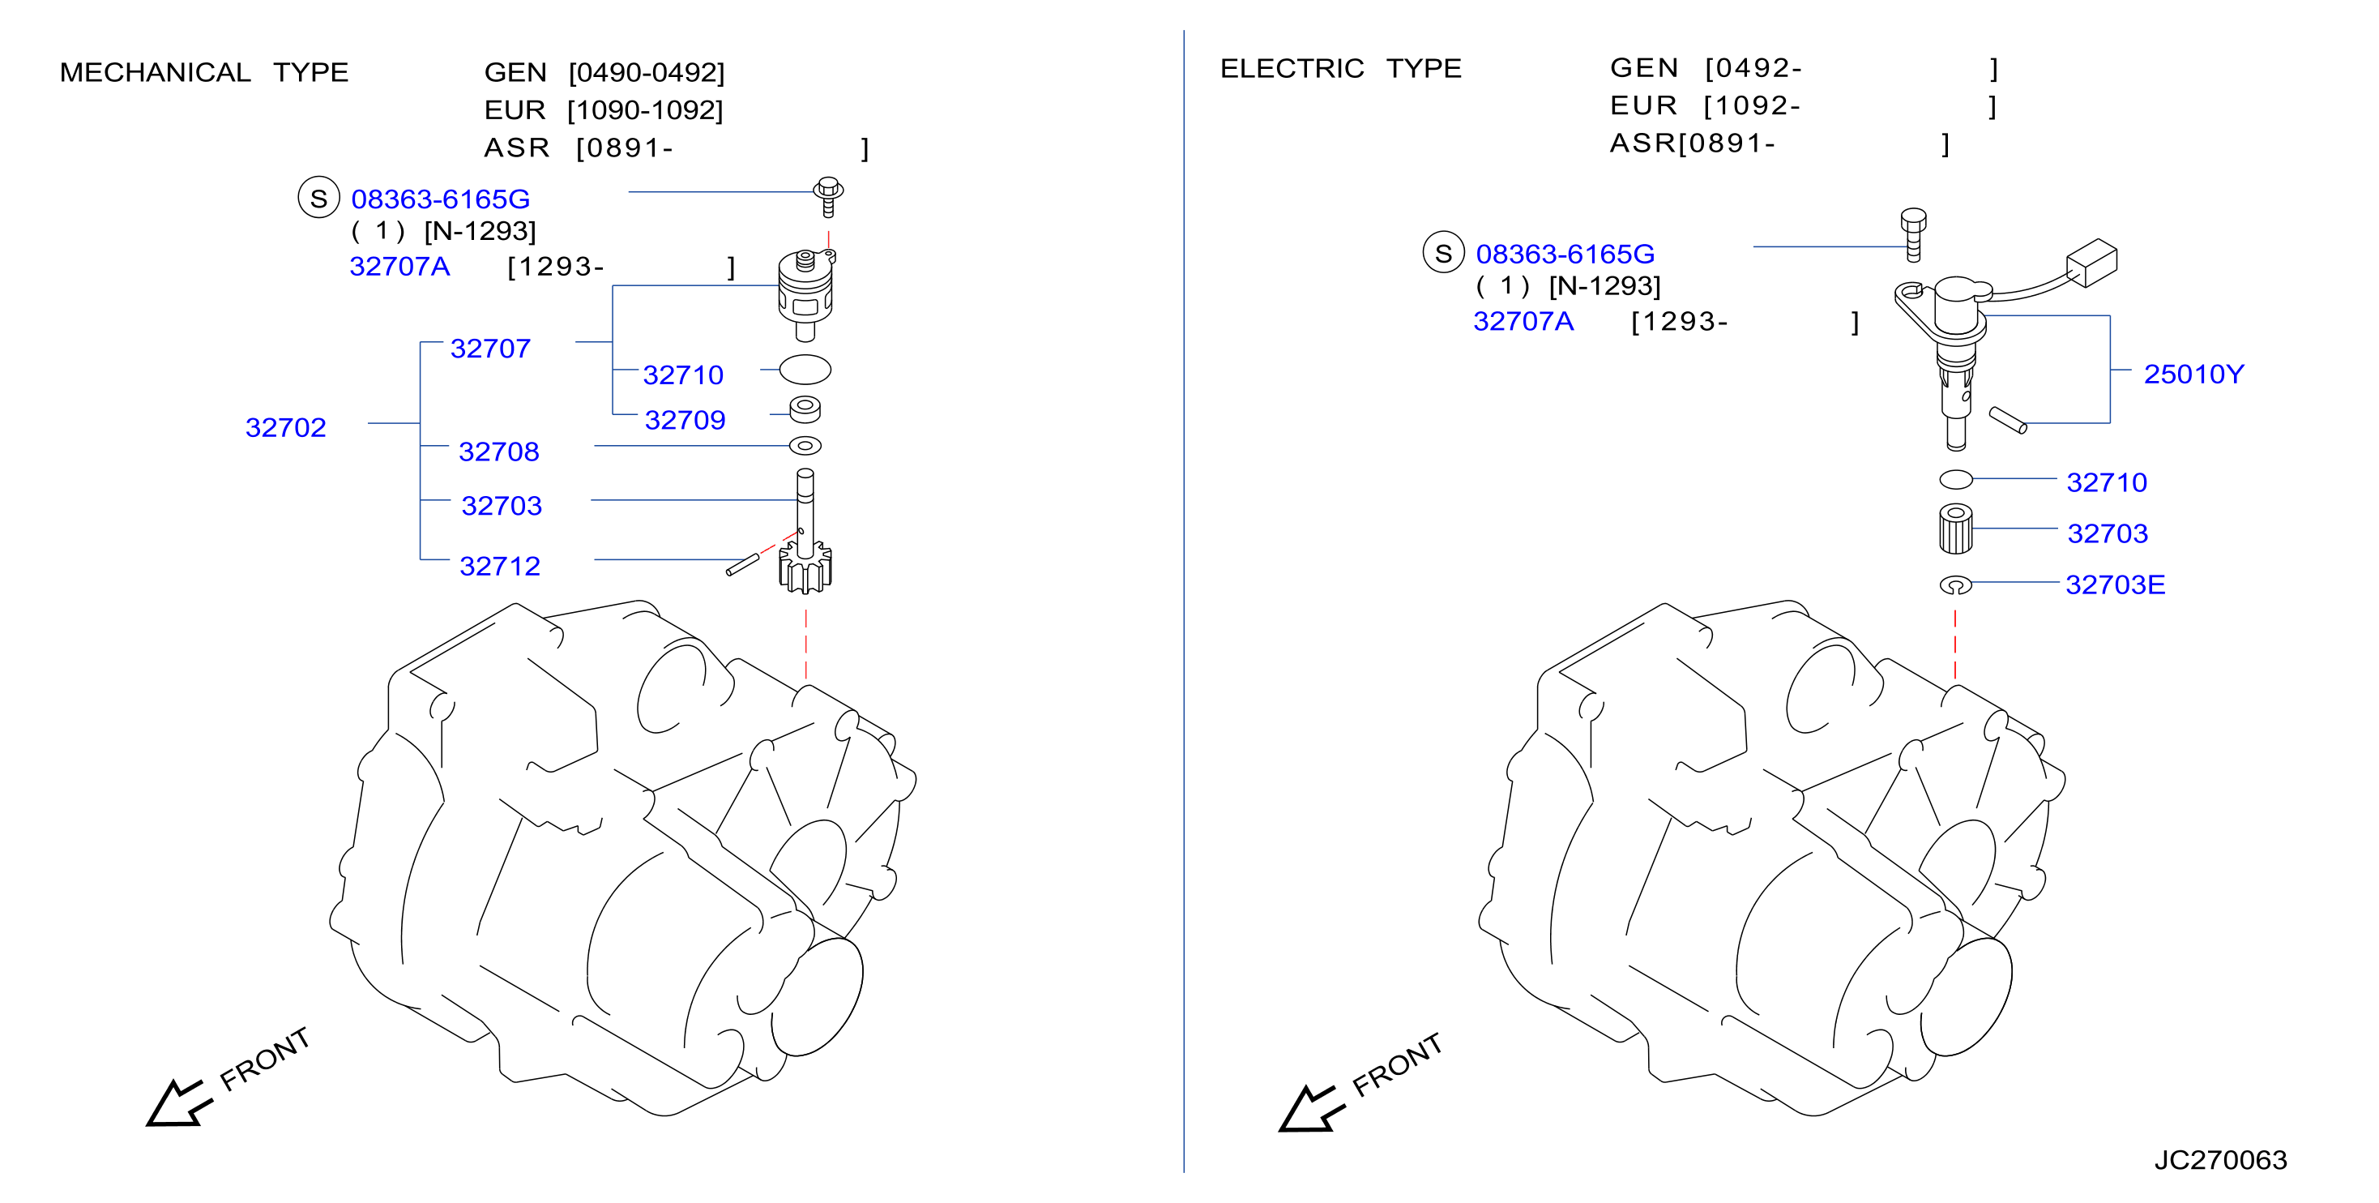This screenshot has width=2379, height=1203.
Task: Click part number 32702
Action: click(285, 427)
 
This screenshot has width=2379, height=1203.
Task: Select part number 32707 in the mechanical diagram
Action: click(490, 349)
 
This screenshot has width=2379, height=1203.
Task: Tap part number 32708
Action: click(498, 451)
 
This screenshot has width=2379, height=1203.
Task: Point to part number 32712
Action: click(500, 566)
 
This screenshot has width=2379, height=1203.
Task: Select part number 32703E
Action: click(2115, 584)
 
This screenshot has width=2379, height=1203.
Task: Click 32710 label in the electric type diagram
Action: click(2107, 482)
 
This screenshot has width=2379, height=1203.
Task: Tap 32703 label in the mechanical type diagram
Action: click(502, 505)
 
